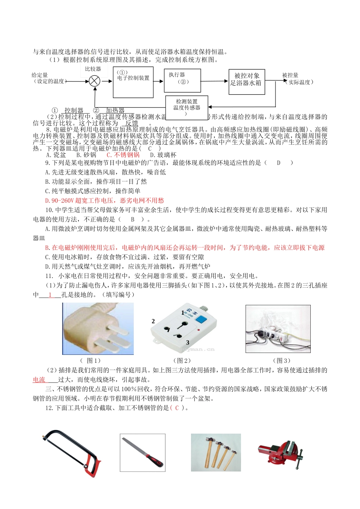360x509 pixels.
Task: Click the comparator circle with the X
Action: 94,81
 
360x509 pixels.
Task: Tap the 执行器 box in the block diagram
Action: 182,80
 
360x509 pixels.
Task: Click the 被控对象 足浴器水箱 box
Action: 246,81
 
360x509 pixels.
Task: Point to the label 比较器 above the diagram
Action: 93,69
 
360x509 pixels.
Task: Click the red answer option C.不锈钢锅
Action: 123,155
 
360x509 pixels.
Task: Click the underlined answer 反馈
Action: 131,123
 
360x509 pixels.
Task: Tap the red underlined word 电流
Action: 39,379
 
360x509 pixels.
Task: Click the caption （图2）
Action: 182,361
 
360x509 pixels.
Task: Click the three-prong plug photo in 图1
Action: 98,329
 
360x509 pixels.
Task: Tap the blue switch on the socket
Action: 202,319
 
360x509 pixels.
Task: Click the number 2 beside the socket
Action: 153,321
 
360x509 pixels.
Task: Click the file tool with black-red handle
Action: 143,453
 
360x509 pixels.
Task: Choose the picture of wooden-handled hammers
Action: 216,453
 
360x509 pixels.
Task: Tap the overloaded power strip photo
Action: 278,329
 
